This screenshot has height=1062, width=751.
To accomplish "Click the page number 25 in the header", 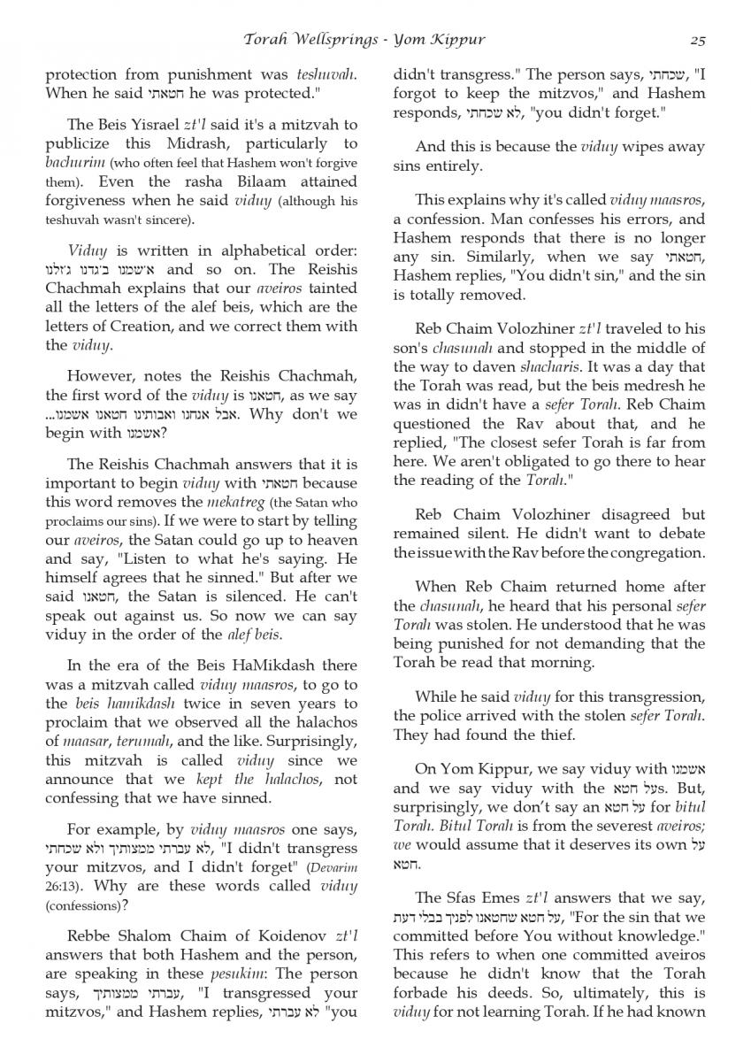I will click(697, 40).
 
